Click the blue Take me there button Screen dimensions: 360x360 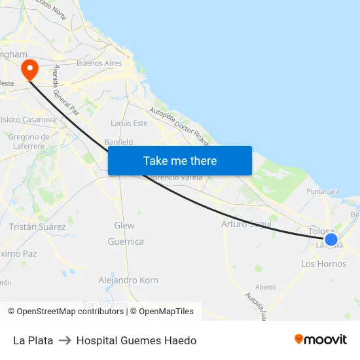[180, 160]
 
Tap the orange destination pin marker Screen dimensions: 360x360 [29, 69]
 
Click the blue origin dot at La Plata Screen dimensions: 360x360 [331, 240]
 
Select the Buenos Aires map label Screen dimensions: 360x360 [99, 63]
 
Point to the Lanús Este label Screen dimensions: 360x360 [130, 123]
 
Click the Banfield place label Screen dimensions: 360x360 [118, 142]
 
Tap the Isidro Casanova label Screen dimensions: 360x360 [28, 120]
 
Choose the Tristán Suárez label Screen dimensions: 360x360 [37, 226]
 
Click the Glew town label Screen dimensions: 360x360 [124, 225]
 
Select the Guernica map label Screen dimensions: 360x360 [126, 242]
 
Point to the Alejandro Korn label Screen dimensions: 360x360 [128, 280]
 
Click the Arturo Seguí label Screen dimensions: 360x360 [246, 224]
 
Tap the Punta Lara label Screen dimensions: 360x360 [323, 192]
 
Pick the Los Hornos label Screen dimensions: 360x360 [323, 264]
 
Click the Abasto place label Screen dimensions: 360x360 [266, 287]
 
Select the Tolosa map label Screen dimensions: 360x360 [321, 232]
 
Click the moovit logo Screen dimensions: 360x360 [321, 339]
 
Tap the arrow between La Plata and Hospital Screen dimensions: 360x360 [65, 340]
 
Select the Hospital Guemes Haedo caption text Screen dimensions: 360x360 [136, 340]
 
